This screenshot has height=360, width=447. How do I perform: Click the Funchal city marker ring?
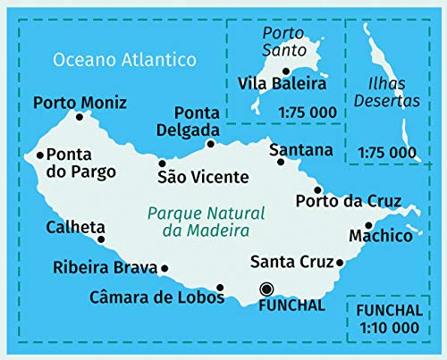pyautogui.click(x=266, y=288)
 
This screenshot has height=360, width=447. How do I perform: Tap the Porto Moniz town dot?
pyautogui.click(x=80, y=117)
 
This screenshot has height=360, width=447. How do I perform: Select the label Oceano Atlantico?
pyautogui.click(x=124, y=61)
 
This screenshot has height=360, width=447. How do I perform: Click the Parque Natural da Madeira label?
pyautogui.click(x=194, y=222)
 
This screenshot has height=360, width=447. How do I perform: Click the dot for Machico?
pyautogui.click(x=368, y=225)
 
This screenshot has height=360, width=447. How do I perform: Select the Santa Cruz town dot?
pyautogui.click(x=341, y=263)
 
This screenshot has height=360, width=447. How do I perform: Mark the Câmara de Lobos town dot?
pyautogui.click(x=220, y=287)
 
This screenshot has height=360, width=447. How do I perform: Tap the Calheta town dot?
pyautogui.click(x=100, y=239)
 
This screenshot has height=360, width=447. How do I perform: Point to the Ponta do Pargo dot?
pyautogui.click(x=40, y=155)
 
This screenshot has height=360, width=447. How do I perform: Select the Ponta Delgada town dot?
pyautogui.click(x=211, y=143)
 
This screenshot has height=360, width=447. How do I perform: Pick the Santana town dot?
pyautogui.click(x=281, y=162)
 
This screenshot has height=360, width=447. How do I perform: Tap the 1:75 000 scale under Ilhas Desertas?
pyautogui.click(x=386, y=152)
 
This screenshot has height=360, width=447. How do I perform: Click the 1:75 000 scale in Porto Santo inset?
pyautogui.click(x=308, y=113)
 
